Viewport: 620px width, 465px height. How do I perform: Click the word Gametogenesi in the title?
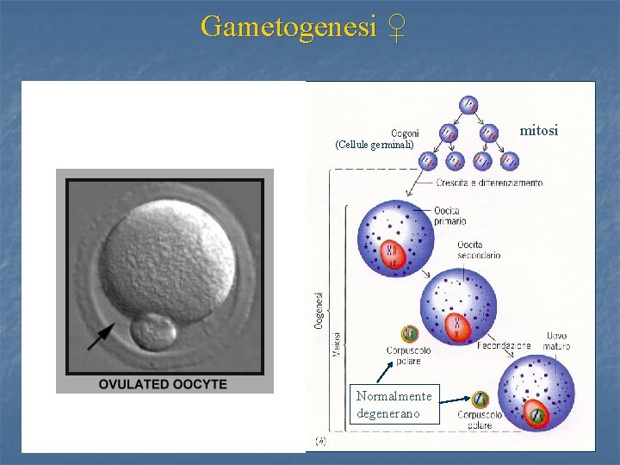(x=288, y=27)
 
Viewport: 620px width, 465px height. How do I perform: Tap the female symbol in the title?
(x=395, y=27)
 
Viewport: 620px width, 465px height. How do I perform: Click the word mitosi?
(x=539, y=131)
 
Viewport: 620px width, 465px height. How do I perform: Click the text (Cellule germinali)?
(x=375, y=145)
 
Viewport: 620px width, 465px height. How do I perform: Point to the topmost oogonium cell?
(x=468, y=104)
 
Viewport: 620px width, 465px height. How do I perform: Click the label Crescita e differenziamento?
(x=489, y=183)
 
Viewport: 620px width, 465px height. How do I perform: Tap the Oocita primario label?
(x=449, y=216)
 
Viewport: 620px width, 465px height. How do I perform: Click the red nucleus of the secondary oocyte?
(x=456, y=325)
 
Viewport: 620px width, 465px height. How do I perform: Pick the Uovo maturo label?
(x=555, y=341)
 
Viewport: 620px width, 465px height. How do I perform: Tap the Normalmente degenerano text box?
(x=395, y=405)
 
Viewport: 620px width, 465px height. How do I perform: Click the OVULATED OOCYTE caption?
(x=164, y=383)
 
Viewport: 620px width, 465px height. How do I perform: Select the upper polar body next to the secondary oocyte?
(x=409, y=334)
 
